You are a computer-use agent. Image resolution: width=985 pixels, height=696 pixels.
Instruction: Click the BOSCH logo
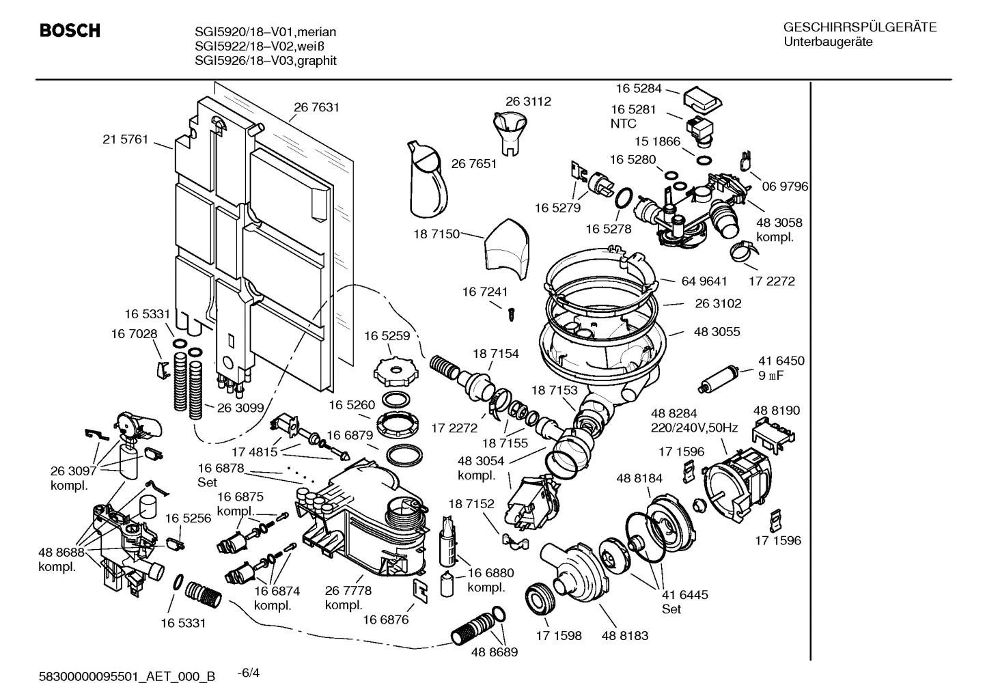coord(70,31)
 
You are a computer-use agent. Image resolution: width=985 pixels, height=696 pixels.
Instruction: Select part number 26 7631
coord(316,107)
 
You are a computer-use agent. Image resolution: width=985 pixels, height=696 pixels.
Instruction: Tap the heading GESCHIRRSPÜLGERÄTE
coord(859,27)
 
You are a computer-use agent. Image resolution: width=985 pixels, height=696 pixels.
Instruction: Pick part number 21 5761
coord(125,139)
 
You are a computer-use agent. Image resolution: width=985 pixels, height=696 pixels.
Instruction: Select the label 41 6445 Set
coord(684,602)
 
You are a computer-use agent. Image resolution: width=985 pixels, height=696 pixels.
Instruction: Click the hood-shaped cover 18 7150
coord(507,249)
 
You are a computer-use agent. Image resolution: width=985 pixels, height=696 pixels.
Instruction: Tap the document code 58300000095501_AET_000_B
coord(128,677)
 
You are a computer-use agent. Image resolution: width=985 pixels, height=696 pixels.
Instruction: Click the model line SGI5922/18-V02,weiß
coord(259,46)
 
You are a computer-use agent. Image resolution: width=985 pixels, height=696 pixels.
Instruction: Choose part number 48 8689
coord(494,652)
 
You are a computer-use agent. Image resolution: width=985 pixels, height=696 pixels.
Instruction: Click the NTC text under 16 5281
coord(623,124)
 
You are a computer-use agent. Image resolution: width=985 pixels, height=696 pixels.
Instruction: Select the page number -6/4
coord(248,673)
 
